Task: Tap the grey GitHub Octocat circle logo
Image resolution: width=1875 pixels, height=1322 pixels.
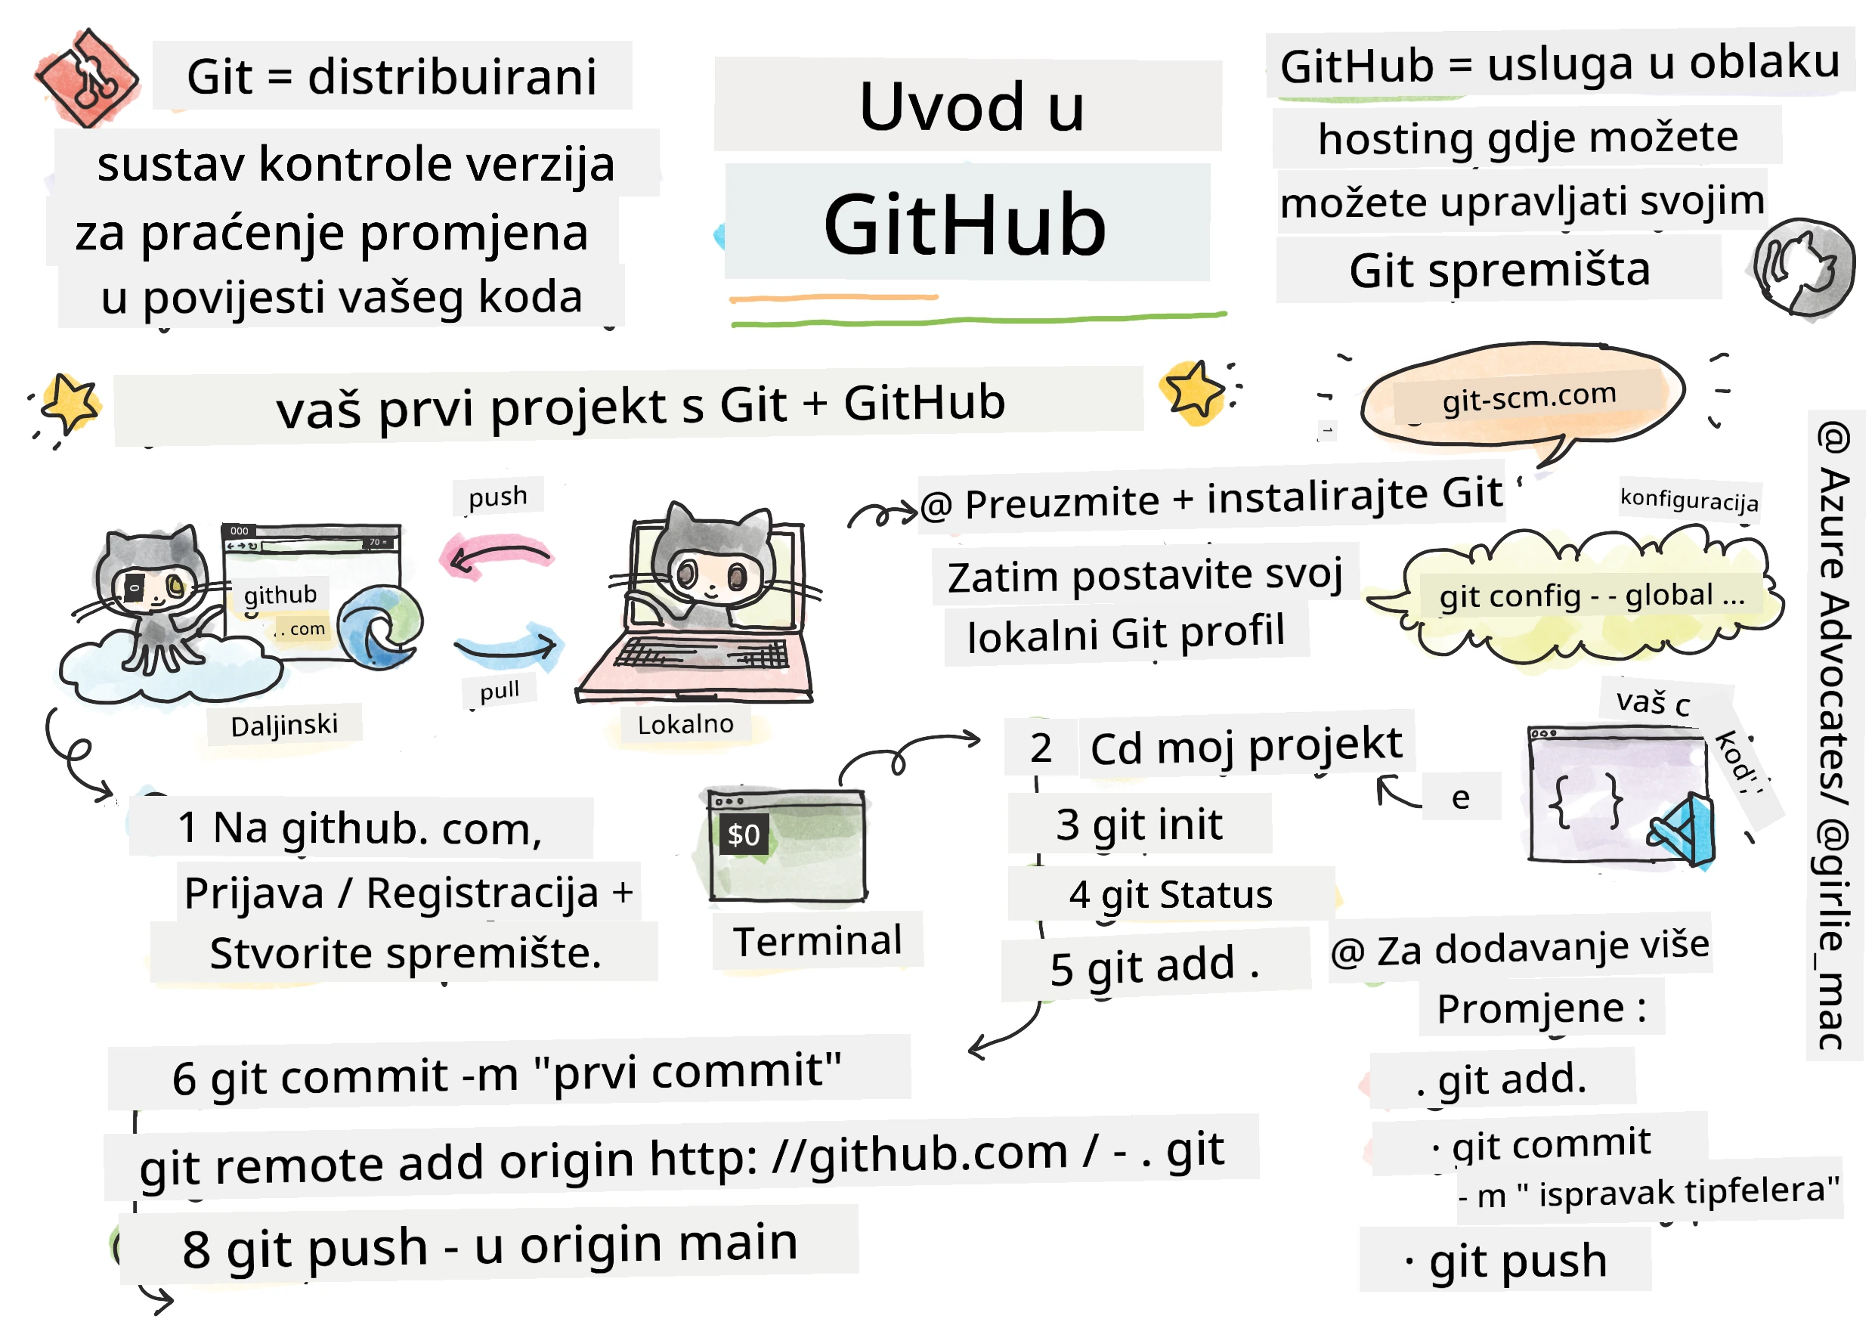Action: pos(1803,268)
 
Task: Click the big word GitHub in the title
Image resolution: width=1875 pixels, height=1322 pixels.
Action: pos(964,224)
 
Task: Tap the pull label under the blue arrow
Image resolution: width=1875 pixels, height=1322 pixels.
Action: pos(499,692)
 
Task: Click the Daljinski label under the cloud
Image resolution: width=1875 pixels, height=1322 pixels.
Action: pos(284,725)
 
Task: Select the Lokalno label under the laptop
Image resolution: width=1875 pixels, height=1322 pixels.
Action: pos(685,724)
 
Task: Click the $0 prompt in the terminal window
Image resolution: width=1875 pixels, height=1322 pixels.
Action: pos(743,834)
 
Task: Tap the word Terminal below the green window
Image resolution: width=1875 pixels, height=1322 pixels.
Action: pos(818,941)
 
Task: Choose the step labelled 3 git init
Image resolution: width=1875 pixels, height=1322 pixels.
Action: pos(1139,825)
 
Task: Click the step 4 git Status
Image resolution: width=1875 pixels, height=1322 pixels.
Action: pos(1170,895)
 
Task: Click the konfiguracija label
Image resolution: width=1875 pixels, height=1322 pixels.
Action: pos(1689,499)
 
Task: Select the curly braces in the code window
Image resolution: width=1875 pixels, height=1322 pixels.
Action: pos(1585,801)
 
